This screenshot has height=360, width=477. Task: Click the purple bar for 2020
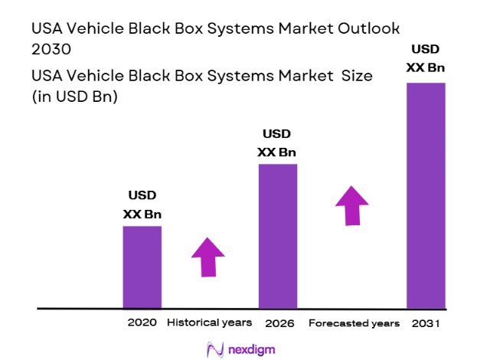coord(142,267)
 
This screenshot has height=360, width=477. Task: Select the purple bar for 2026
coord(277,236)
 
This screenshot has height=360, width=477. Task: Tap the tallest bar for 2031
coord(425,195)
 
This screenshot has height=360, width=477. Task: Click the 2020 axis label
coord(142,323)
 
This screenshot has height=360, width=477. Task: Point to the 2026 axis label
coord(277,323)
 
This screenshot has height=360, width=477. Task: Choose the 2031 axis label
coord(425,323)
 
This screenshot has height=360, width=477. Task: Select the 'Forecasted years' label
coord(354,323)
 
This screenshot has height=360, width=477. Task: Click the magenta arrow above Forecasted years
coord(351,205)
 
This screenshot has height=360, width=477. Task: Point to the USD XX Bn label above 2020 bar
coord(142,206)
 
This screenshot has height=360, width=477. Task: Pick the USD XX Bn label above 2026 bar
coord(277,143)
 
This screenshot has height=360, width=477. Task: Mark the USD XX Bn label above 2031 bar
coord(425,59)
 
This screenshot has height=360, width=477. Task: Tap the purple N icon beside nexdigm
coord(215,349)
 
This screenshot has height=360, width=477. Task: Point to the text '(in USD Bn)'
coord(74,97)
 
